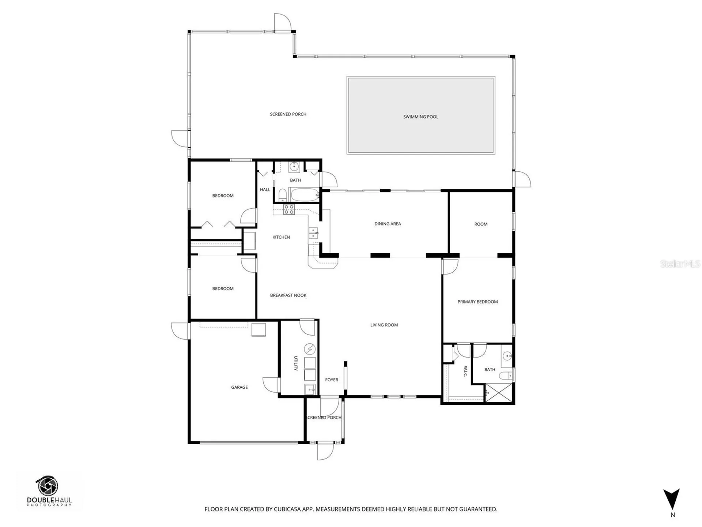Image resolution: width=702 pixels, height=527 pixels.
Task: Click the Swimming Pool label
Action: coord(420,117)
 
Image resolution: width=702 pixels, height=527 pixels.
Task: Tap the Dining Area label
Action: coord(388,224)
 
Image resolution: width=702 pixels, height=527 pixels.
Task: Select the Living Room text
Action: coord(384,325)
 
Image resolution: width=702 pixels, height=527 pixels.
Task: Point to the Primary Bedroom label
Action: coord(478,302)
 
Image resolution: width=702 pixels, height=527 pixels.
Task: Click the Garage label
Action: coord(239,387)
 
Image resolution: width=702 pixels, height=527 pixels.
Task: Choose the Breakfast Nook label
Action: coord(288,295)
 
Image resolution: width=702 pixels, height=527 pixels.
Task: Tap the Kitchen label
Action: coord(281,237)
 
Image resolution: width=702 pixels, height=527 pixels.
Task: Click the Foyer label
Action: coord(332,380)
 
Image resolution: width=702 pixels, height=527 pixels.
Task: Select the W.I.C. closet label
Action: coord(465,371)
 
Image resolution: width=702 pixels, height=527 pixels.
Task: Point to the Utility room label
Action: coord(296,363)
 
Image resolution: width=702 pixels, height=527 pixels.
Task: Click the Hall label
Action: coord(265,190)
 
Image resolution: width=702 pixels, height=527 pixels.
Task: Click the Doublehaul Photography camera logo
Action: coord(48,486)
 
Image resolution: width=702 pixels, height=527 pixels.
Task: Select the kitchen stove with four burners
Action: coord(289,209)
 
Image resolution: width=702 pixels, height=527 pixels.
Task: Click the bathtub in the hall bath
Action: coord(304,194)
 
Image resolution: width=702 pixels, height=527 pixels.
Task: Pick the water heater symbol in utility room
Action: coord(310,349)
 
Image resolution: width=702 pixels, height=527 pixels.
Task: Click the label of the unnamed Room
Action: coord(481,224)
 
